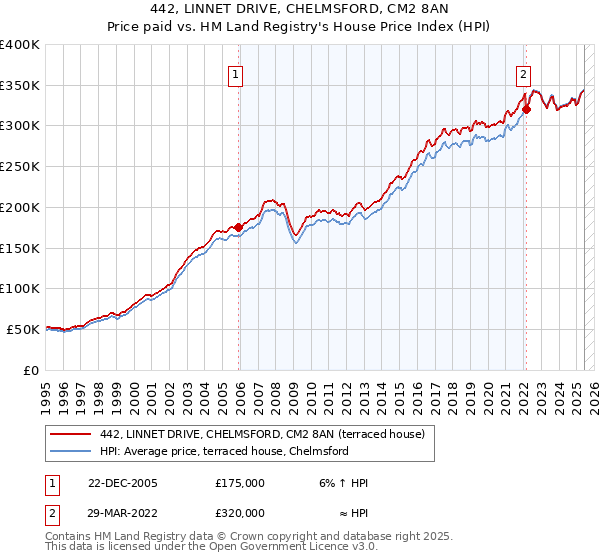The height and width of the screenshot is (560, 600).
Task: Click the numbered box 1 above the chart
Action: click(235, 73)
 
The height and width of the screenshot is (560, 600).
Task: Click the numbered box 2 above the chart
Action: click(523, 73)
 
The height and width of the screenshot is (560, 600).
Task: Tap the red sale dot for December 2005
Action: click(238, 227)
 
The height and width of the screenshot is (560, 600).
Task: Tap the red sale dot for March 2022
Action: click(526, 109)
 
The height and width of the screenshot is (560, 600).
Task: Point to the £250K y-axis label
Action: click(20, 166)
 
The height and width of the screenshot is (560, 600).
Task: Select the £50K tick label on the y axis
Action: click(23, 329)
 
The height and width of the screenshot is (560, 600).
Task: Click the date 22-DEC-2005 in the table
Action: click(123, 483)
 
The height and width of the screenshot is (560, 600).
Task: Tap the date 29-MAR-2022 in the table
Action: click(123, 513)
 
